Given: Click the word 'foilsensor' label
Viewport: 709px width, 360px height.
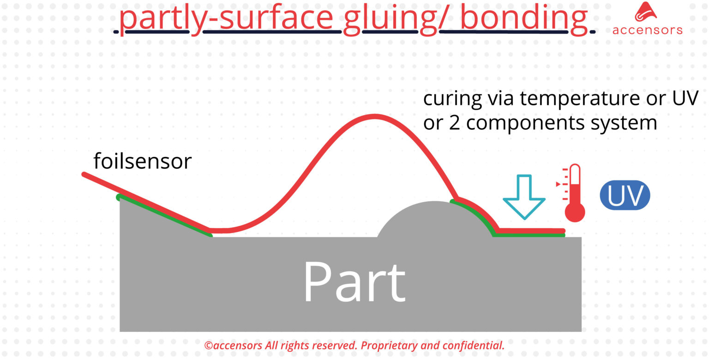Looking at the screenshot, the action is (x=143, y=161).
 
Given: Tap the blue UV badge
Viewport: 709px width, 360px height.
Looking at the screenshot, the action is (x=625, y=195).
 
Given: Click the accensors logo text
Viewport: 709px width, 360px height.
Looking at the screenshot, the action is (x=648, y=30).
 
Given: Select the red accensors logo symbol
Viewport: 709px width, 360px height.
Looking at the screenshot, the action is (x=646, y=12).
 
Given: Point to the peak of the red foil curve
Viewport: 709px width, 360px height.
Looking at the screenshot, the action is (x=375, y=116).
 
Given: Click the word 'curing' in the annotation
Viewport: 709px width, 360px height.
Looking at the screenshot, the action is (x=452, y=99).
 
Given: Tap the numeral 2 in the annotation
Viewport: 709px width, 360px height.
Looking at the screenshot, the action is (x=454, y=123).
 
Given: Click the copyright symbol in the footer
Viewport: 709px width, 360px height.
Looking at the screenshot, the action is (x=209, y=345).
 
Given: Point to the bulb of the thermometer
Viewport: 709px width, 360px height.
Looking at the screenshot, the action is (x=575, y=212).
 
